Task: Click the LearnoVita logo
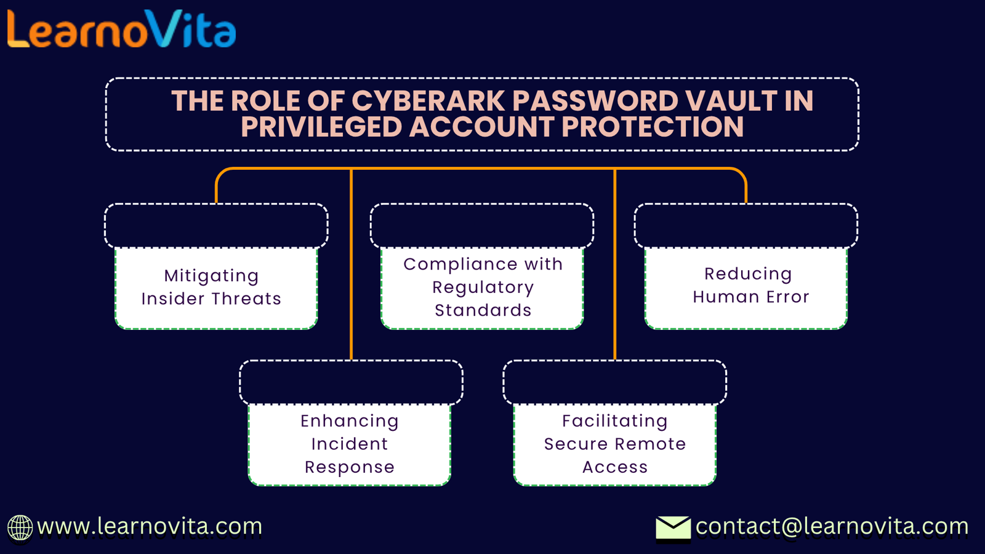(122, 29)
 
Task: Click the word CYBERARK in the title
(428, 101)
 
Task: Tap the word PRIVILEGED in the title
(321, 127)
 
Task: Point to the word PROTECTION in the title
(653, 127)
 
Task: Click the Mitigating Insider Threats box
(216, 287)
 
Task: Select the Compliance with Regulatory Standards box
(483, 287)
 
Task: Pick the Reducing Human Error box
(746, 287)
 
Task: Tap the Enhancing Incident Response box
(350, 444)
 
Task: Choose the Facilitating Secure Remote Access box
(615, 444)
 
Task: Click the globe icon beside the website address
(20, 528)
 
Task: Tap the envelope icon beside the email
(673, 528)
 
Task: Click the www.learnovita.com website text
(150, 526)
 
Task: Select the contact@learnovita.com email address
(832, 526)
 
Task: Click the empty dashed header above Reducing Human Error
(746, 225)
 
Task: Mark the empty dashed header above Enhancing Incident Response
(352, 382)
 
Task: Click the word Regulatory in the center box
(483, 287)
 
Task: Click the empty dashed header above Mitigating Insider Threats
(216, 225)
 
